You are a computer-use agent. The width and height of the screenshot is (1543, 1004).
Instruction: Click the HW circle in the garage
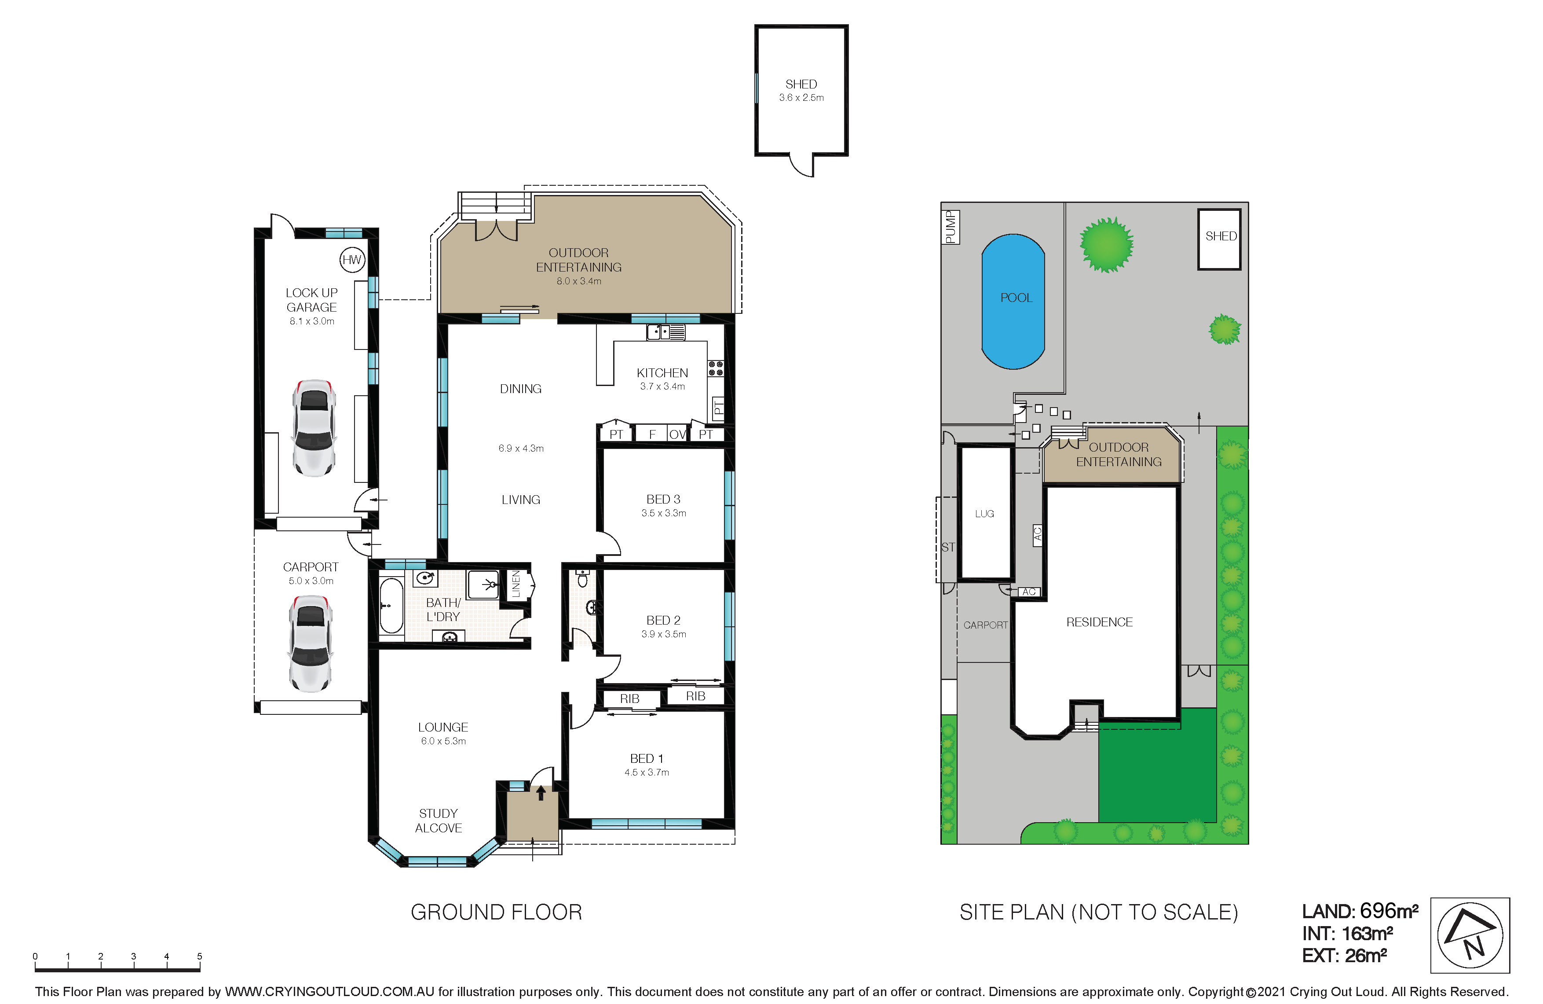click(x=352, y=260)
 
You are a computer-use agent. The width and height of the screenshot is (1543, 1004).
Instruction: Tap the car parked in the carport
click(x=311, y=644)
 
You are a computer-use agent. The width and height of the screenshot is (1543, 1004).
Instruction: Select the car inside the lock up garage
click(x=314, y=428)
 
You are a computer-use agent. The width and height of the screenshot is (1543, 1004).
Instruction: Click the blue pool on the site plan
click(x=1013, y=302)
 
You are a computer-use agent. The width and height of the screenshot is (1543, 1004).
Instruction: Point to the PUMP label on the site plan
click(x=951, y=227)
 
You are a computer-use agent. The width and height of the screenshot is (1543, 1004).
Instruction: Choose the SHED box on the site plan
click(x=1219, y=239)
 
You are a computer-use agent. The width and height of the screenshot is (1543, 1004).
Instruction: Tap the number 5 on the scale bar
click(x=200, y=956)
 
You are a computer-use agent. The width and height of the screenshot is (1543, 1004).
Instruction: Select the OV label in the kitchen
click(x=677, y=434)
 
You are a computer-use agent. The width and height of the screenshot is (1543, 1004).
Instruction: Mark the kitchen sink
click(x=666, y=332)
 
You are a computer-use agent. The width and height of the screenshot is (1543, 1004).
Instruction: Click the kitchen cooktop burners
click(x=716, y=368)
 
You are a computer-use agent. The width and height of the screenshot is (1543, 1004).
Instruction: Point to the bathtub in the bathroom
click(x=391, y=606)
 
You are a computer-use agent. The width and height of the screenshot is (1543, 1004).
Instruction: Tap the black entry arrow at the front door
click(x=541, y=793)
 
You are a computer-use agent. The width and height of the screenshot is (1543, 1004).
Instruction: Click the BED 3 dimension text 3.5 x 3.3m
click(x=664, y=513)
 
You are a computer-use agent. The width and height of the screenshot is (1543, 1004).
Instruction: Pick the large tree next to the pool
click(x=1107, y=245)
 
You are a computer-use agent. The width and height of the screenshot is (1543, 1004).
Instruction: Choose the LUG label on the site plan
click(x=984, y=514)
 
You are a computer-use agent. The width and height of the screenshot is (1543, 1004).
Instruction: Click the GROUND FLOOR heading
click(x=497, y=912)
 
